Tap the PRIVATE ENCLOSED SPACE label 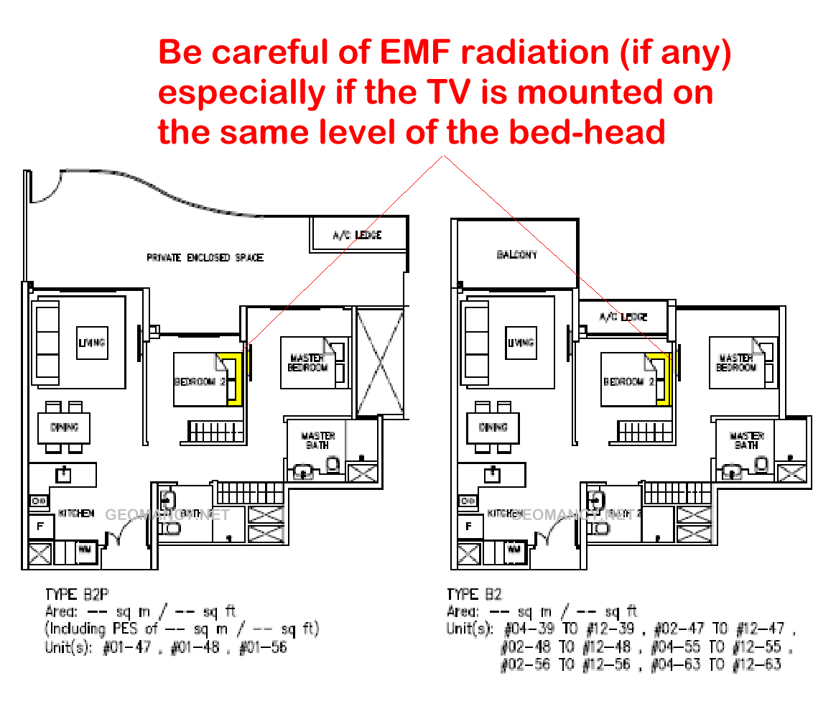point(205,257)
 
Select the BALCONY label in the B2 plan point(516,254)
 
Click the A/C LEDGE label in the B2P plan point(357,235)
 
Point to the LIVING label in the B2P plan point(91,343)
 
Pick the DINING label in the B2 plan point(493,427)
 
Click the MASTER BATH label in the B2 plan point(746,440)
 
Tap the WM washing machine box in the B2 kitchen point(514,550)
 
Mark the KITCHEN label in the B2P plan point(76,514)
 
